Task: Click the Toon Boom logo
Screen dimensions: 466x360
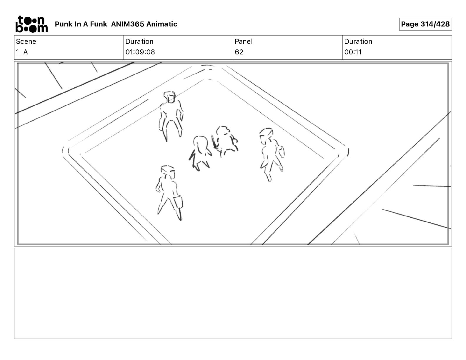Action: [32, 24]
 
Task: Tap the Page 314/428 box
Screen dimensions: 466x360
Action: [425, 24]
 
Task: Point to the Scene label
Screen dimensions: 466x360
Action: [26, 41]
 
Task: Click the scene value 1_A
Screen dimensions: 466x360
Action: [22, 52]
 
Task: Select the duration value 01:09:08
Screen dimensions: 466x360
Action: [140, 52]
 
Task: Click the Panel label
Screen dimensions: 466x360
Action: [244, 41]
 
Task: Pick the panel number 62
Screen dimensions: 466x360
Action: [239, 52]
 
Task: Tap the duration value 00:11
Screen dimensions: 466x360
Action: [353, 52]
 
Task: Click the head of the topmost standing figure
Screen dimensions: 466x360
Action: [170, 97]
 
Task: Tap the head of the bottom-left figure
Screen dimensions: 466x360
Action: [168, 171]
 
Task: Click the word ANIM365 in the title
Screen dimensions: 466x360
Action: [128, 24]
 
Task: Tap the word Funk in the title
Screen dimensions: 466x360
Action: [99, 24]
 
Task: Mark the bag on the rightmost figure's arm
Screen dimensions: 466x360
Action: [281, 151]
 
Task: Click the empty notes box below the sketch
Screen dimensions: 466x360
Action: [233, 293]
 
